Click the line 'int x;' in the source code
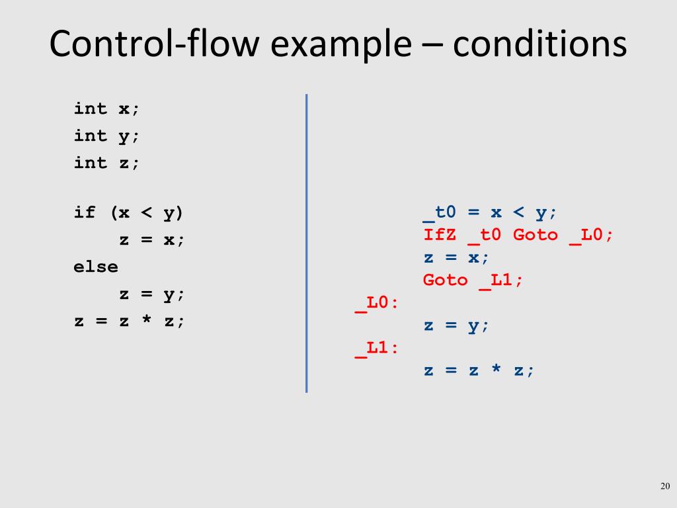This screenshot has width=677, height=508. [x=107, y=108]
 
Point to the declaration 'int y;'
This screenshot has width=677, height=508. [x=107, y=136]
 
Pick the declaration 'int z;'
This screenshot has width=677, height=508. [x=107, y=163]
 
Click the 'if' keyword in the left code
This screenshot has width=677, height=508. [x=85, y=212]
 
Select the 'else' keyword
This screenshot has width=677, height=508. [x=96, y=267]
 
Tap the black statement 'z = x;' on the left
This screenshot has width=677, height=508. [x=152, y=239]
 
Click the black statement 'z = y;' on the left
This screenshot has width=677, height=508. [x=152, y=294]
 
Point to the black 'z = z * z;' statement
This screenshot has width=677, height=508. [x=130, y=321]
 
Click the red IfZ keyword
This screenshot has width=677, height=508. [x=440, y=235]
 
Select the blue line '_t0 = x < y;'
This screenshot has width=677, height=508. [x=490, y=213]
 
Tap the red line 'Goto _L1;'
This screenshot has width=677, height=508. [x=473, y=280]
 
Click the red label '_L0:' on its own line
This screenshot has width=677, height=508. [x=377, y=303]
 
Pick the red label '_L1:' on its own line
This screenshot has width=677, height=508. [x=377, y=347]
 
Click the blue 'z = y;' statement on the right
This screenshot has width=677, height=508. [x=456, y=325]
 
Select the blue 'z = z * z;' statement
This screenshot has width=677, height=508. [x=479, y=370]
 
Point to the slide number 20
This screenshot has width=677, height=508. [x=666, y=487]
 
